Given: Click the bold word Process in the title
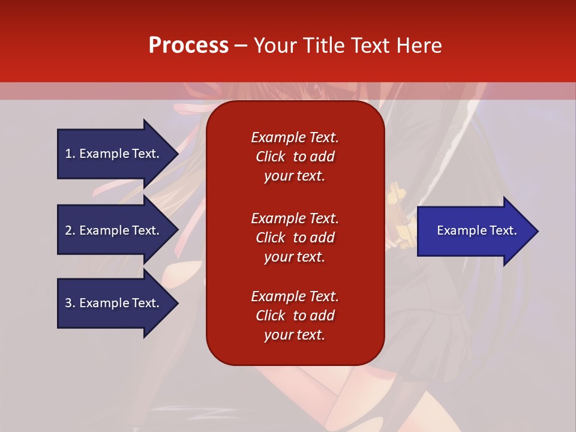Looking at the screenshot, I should click(x=188, y=46).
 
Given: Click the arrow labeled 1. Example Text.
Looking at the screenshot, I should click(x=114, y=154).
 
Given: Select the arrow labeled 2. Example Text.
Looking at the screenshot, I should click(x=114, y=230).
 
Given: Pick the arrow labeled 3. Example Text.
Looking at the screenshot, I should click(x=114, y=303).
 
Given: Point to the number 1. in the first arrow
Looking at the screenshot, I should click(x=70, y=154).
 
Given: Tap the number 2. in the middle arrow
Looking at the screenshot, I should click(x=70, y=230).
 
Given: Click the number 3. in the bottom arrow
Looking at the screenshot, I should click(x=70, y=303).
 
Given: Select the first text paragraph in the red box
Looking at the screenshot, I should click(x=295, y=157).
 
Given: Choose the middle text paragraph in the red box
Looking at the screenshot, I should click(x=295, y=238).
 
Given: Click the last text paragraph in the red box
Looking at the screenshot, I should click(x=295, y=316).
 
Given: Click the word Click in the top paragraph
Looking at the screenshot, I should click(x=271, y=157).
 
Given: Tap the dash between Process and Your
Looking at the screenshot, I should click(x=241, y=46).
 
